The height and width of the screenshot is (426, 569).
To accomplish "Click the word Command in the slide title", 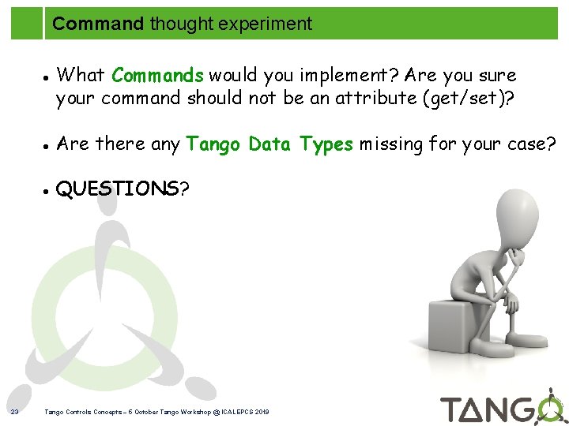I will coord(98,24).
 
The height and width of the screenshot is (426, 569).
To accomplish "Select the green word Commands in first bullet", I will coord(158,76).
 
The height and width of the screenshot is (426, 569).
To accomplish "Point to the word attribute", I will coord(379,98).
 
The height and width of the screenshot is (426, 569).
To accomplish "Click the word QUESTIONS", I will coord(118,189).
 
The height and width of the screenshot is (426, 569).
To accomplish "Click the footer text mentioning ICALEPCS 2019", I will coord(157,412).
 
